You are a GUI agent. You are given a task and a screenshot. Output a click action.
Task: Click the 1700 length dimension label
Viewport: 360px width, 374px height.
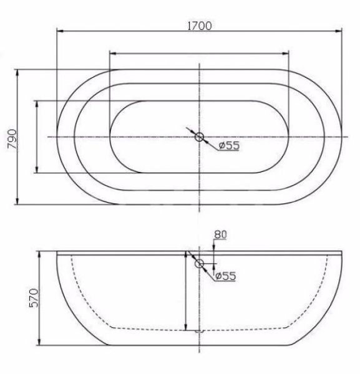(x=200, y=26)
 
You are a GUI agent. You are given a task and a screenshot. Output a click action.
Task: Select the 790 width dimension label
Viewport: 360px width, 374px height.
(x=12, y=139)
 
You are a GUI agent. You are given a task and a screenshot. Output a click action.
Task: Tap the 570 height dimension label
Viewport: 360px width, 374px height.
(x=34, y=298)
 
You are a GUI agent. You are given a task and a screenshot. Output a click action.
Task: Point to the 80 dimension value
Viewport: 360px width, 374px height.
(x=220, y=234)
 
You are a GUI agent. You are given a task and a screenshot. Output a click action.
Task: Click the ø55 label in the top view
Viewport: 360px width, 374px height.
(x=229, y=145)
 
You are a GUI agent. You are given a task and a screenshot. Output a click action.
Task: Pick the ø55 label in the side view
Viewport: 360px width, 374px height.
(x=225, y=276)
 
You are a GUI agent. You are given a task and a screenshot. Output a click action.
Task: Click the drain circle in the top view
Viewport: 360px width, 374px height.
(x=199, y=137)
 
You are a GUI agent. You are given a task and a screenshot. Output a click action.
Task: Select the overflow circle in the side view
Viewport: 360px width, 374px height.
(x=199, y=264)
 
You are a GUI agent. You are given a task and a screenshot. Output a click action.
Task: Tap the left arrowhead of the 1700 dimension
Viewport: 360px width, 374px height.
(x=60, y=31)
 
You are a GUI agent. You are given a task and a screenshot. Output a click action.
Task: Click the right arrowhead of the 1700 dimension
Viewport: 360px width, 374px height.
(x=339, y=31)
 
